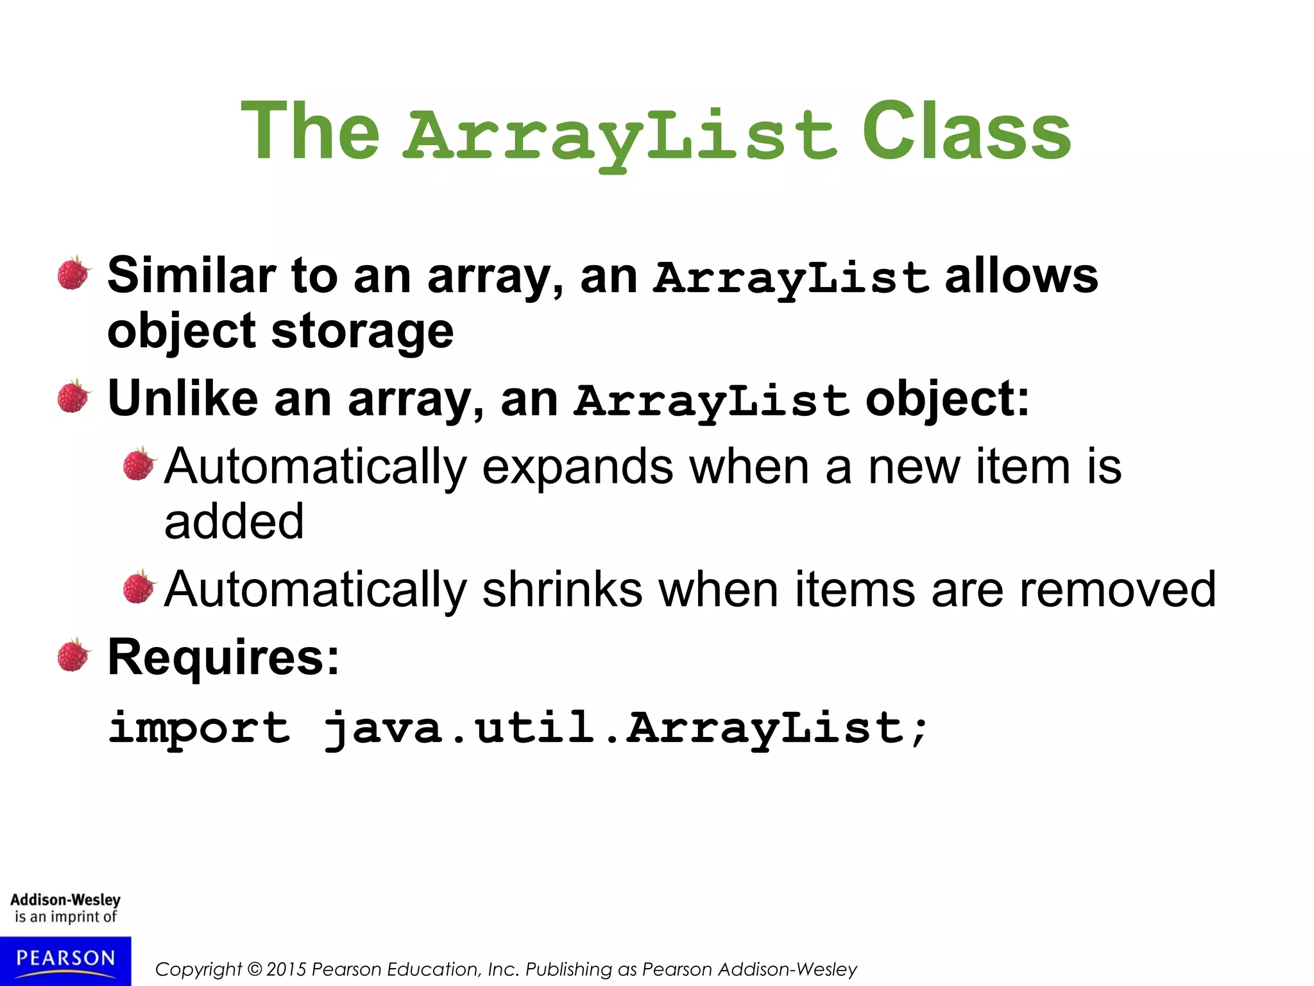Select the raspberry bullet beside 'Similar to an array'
(74, 273)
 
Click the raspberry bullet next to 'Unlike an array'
(74, 397)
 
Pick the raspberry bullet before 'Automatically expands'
(139, 463)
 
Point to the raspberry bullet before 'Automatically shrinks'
(139, 587)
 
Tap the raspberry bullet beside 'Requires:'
(74, 655)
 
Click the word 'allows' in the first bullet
(1021, 276)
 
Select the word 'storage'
(363, 332)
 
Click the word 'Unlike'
(183, 399)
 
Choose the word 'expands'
(577, 467)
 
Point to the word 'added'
(234, 521)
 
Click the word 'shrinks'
(562, 589)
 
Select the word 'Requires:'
(223, 657)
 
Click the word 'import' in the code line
(199, 729)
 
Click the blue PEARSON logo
(65, 960)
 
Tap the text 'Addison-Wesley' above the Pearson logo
(65, 900)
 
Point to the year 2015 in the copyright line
(287, 969)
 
